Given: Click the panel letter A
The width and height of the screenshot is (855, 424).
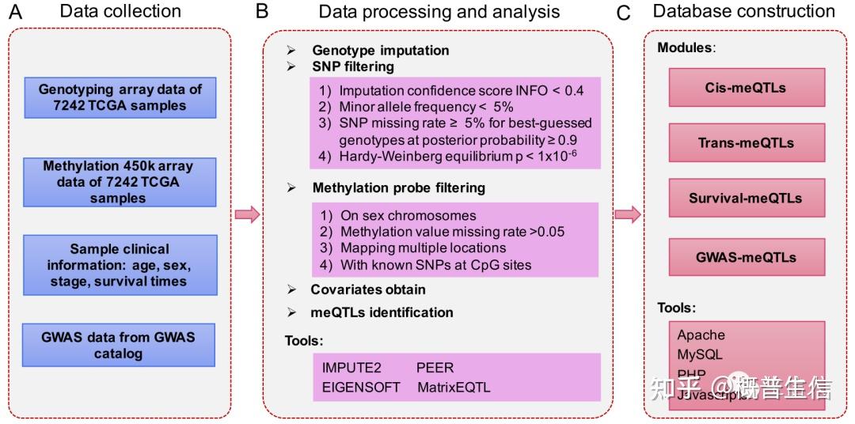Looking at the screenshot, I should [14, 12].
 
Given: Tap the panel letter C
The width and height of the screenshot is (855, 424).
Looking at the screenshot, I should [624, 13].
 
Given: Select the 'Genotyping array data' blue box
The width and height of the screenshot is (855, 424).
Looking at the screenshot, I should [119, 97].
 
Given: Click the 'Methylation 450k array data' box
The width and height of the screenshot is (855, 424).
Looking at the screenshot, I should [119, 182].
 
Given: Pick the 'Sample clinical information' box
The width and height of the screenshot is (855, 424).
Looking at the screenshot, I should [119, 265].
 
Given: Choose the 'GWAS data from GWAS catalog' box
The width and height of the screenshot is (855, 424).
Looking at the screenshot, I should [119, 345].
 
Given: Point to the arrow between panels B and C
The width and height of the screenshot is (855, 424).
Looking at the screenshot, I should [627, 214].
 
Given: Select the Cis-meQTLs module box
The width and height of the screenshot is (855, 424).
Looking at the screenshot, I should [746, 87].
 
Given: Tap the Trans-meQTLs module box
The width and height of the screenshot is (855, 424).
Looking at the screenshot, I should [746, 143].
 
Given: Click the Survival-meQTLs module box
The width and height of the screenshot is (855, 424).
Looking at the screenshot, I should [746, 199].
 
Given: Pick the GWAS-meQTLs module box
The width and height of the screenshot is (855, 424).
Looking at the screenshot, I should [746, 256].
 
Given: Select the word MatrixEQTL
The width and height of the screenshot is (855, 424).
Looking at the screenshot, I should [454, 387].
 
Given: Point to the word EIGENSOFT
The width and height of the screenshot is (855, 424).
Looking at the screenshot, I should [360, 387].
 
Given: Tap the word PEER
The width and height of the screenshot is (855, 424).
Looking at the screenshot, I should [435, 369].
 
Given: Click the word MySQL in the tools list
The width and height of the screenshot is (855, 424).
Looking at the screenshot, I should [700, 354].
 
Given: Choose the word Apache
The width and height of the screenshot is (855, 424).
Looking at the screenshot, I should [701, 335].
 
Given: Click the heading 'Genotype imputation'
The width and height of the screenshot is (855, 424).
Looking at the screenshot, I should [380, 50].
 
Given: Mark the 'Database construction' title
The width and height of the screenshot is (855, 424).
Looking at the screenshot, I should [743, 11].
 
